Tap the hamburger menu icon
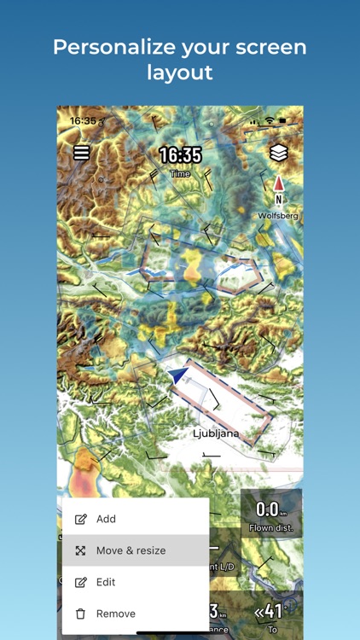click(x=81, y=154)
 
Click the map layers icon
click(x=278, y=153)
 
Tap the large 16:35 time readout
click(x=180, y=155)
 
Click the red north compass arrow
click(x=278, y=183)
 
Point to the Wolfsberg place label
click(x=278, y=216)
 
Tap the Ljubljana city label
click(x=216, y=433)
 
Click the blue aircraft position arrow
click(x=179, y=376)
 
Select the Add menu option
click(x=106, y=519)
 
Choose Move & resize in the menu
click(x=131, y=550)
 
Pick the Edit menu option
click(x=106, y=582)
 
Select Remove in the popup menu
click(x=115, y=614)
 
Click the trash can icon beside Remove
click(x=81, y=614)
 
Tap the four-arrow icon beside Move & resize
click(x=81, y=550)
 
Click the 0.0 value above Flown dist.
click(x=268, y=510)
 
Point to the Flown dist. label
click(x=272, y=528)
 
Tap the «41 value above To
click(x=270, y=612)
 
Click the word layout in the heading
click(x=180, y=73)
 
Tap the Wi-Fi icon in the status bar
click(x=270, y=121)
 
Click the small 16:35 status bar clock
click(x=83, y=121)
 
